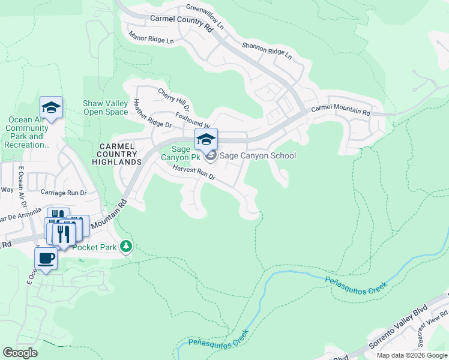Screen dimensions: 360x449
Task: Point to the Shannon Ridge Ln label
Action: [x=267, y=50]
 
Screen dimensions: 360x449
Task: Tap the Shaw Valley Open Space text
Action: [x=106, y=107]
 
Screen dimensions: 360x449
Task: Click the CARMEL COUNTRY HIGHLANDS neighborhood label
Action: [x=121, y=154]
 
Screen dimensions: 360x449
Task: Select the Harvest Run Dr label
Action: [x=193, y=175]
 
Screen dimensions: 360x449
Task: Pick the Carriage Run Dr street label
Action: [x=64, y=193]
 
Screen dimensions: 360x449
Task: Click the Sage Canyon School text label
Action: [x=258, y=156]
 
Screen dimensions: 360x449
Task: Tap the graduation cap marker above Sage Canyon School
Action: [x=206, y=140]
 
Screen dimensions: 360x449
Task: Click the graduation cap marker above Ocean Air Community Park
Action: [x=52, y=108]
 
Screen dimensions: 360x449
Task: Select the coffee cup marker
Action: [x=46, y=259]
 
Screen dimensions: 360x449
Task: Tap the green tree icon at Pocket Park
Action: [x=125, y=246]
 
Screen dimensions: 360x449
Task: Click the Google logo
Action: [x=20, y=352]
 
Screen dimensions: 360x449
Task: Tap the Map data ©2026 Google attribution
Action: [x=411, y=355]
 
